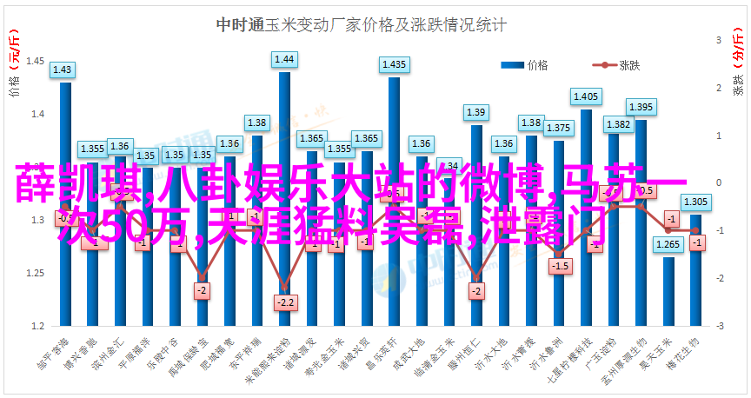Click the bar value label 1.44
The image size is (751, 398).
(284, 60)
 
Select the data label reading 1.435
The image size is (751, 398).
(394, 64)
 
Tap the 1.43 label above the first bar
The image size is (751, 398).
(63, 69)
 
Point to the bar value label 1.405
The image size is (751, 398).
(586, 96)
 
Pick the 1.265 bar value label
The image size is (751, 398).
(668, 244)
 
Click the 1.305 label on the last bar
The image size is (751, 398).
(695, 202)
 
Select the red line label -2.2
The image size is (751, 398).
(284, 302)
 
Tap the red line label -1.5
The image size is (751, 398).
(561, 265)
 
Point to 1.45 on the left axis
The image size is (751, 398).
(37, 61)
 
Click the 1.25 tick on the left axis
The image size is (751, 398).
(37, 274)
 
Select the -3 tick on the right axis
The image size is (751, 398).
(719, 327)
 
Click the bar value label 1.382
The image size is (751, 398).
(618, 124)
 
